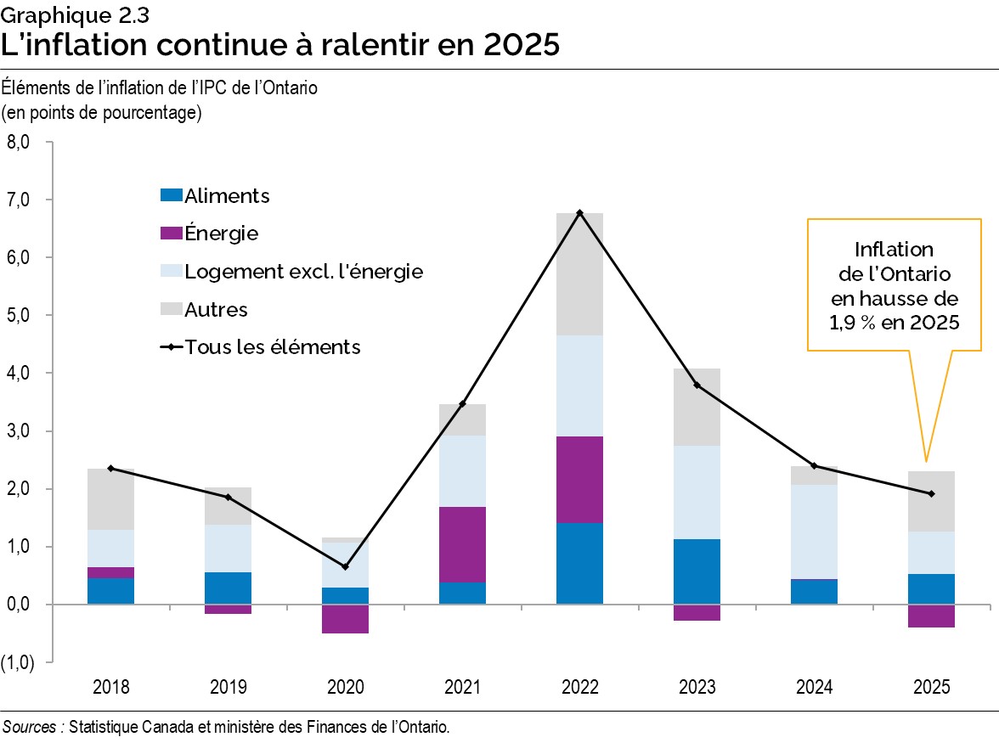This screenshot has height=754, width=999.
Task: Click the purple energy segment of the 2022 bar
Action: (x=579, y=480)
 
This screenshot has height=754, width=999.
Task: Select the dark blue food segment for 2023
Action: (x=697, y=571)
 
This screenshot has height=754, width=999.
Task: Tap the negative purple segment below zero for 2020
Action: (x=345, y=619)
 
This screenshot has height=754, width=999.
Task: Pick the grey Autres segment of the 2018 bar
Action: (x=111, y=499)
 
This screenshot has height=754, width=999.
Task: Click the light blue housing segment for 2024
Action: (x=814, y=532)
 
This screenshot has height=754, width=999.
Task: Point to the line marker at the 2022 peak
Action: (x=579, y=212)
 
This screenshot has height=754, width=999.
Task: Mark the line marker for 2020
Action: (x=345, y=566)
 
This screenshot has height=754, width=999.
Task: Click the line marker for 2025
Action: (x=931, y=493)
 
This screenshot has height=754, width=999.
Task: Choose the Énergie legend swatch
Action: (x=171, y=234)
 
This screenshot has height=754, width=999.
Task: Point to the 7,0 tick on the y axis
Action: (x=20, y=200)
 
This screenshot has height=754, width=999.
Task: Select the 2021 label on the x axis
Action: (x=462, y=687)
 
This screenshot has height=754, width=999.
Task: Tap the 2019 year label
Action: (x=229, y=687)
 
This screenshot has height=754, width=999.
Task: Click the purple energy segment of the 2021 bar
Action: (x=462, y=544)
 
